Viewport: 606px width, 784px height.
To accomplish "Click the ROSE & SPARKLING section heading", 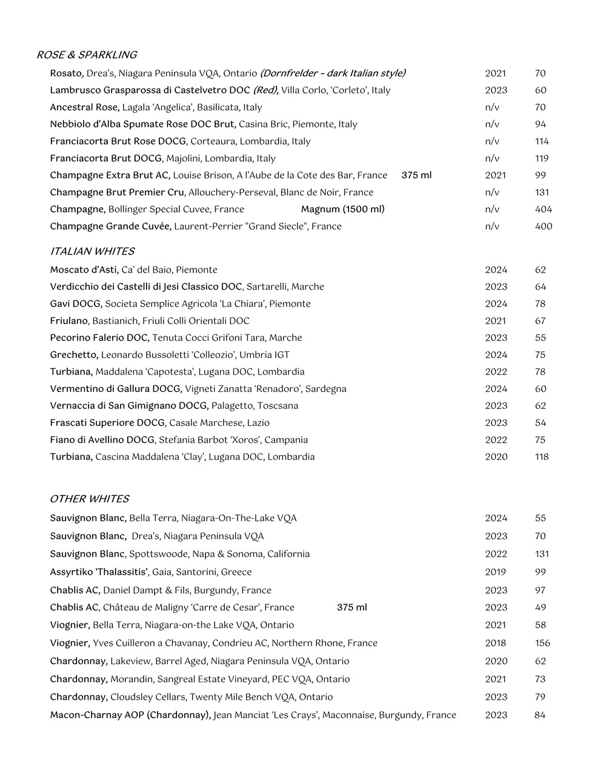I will pyautogui.click(x=87, y=55).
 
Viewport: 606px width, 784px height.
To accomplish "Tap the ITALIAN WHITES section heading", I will pyautogui.click(x=92, y=251).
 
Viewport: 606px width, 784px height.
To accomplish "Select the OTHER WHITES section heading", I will pyautogui.click(x=89, y=499).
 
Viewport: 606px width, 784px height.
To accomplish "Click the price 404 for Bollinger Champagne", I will pyautogui.click(x=544, y=210).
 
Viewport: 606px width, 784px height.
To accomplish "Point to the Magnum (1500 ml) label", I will pyautogui.click(x=343, y=210).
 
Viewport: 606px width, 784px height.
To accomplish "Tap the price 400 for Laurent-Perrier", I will pyautogui.click(x=544, y=227).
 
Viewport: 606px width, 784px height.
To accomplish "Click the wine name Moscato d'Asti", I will pyautogui.click(x=84, y=270).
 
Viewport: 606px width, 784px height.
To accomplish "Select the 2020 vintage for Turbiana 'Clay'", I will pyautogui.click(x=496, y=457).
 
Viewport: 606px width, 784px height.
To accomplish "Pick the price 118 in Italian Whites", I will pyautogui.click(x=542, y=457).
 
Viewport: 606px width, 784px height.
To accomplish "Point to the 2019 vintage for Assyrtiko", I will pyautogui.click(x=496, y=572).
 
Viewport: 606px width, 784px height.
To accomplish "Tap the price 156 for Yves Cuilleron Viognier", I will pyautogui.click(x=542, y=643).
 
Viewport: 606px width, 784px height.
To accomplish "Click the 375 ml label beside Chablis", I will pyautogui.click(x=352, y=608).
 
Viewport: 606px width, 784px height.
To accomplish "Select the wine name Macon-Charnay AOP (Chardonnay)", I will pyautogui.click(x=130, y=716).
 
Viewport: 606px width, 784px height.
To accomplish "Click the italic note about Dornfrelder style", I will pyautogui.click(x=333, y=73).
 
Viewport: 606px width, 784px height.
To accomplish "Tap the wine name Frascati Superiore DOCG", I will pyautogui.click(x=107, y=423).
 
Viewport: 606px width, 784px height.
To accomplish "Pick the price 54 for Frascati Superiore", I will pyautogui.click(x=541, y=423).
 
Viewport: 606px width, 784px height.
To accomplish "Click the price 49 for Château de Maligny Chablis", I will pyautogui.click(x=541, y=608).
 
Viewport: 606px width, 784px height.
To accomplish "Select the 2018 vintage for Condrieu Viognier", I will pyautogui.click(x=496, y=643).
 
